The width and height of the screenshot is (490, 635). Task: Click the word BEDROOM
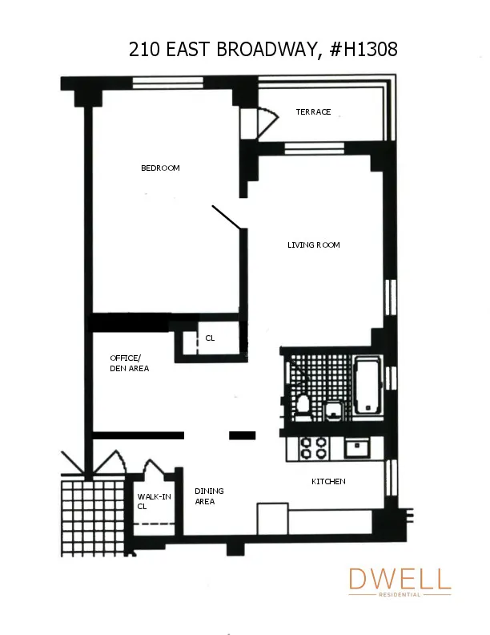click(x=160, y=168)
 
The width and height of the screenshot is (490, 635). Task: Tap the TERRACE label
click(x=313, y=112)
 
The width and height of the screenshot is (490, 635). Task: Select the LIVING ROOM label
click(x=314, y=245)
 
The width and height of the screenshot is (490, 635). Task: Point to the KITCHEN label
click(x=328, y=481)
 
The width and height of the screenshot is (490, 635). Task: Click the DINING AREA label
click(x=210, y=496)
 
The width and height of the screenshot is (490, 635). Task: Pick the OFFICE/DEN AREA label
click(x=129, y=363)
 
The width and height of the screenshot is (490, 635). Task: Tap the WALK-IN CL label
click(x=154, y=501)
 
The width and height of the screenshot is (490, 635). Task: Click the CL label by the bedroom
click(x=210, y=338)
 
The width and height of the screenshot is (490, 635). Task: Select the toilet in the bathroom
click(x=303, y=406)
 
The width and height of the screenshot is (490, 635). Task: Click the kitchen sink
click(x=355, y=447)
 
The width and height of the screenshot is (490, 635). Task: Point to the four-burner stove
click(x=312, y=447)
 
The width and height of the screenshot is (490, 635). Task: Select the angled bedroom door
click(x=227, y=216)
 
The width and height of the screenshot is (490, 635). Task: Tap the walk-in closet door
click(x=154, y=469)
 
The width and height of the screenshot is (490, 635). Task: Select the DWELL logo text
click(x=400, y=579)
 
